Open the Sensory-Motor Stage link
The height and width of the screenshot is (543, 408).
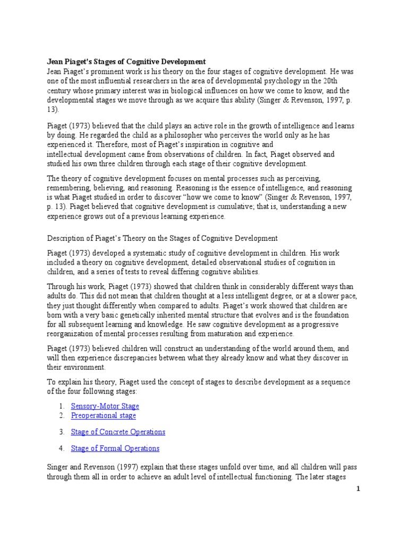(x=105, y=406)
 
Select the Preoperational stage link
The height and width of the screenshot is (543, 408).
(x=103, y=415)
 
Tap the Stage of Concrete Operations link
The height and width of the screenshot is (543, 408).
(x=118, y=432)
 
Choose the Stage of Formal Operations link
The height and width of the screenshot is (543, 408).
(x=115, y=448)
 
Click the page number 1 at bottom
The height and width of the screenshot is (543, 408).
(x=358, y=489)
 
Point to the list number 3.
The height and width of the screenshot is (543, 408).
(x=62, y=432)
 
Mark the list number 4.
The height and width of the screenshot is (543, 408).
(x=62, y=448)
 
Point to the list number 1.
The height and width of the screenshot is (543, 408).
(x=62, y=406)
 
